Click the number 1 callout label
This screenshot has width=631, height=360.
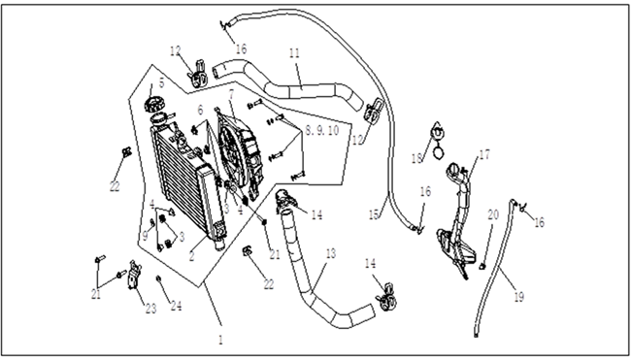coord(220,341)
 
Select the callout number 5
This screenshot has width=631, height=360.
coord(162,83)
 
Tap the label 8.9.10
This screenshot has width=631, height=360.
coord(322,130)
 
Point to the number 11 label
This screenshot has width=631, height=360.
coord(294,54)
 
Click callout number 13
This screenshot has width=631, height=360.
coord(330,254)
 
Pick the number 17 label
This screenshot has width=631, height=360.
coord(484,154)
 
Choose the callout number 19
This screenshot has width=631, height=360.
coord(519,297)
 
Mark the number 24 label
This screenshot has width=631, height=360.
coord(176,306)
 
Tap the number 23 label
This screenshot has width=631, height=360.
coord(150,309)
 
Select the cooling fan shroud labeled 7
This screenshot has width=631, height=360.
coord(241,154)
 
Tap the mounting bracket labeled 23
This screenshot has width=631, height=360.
coord(134,275)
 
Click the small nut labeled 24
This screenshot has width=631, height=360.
coord(158,278)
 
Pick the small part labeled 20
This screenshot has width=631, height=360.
coord(482,266)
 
